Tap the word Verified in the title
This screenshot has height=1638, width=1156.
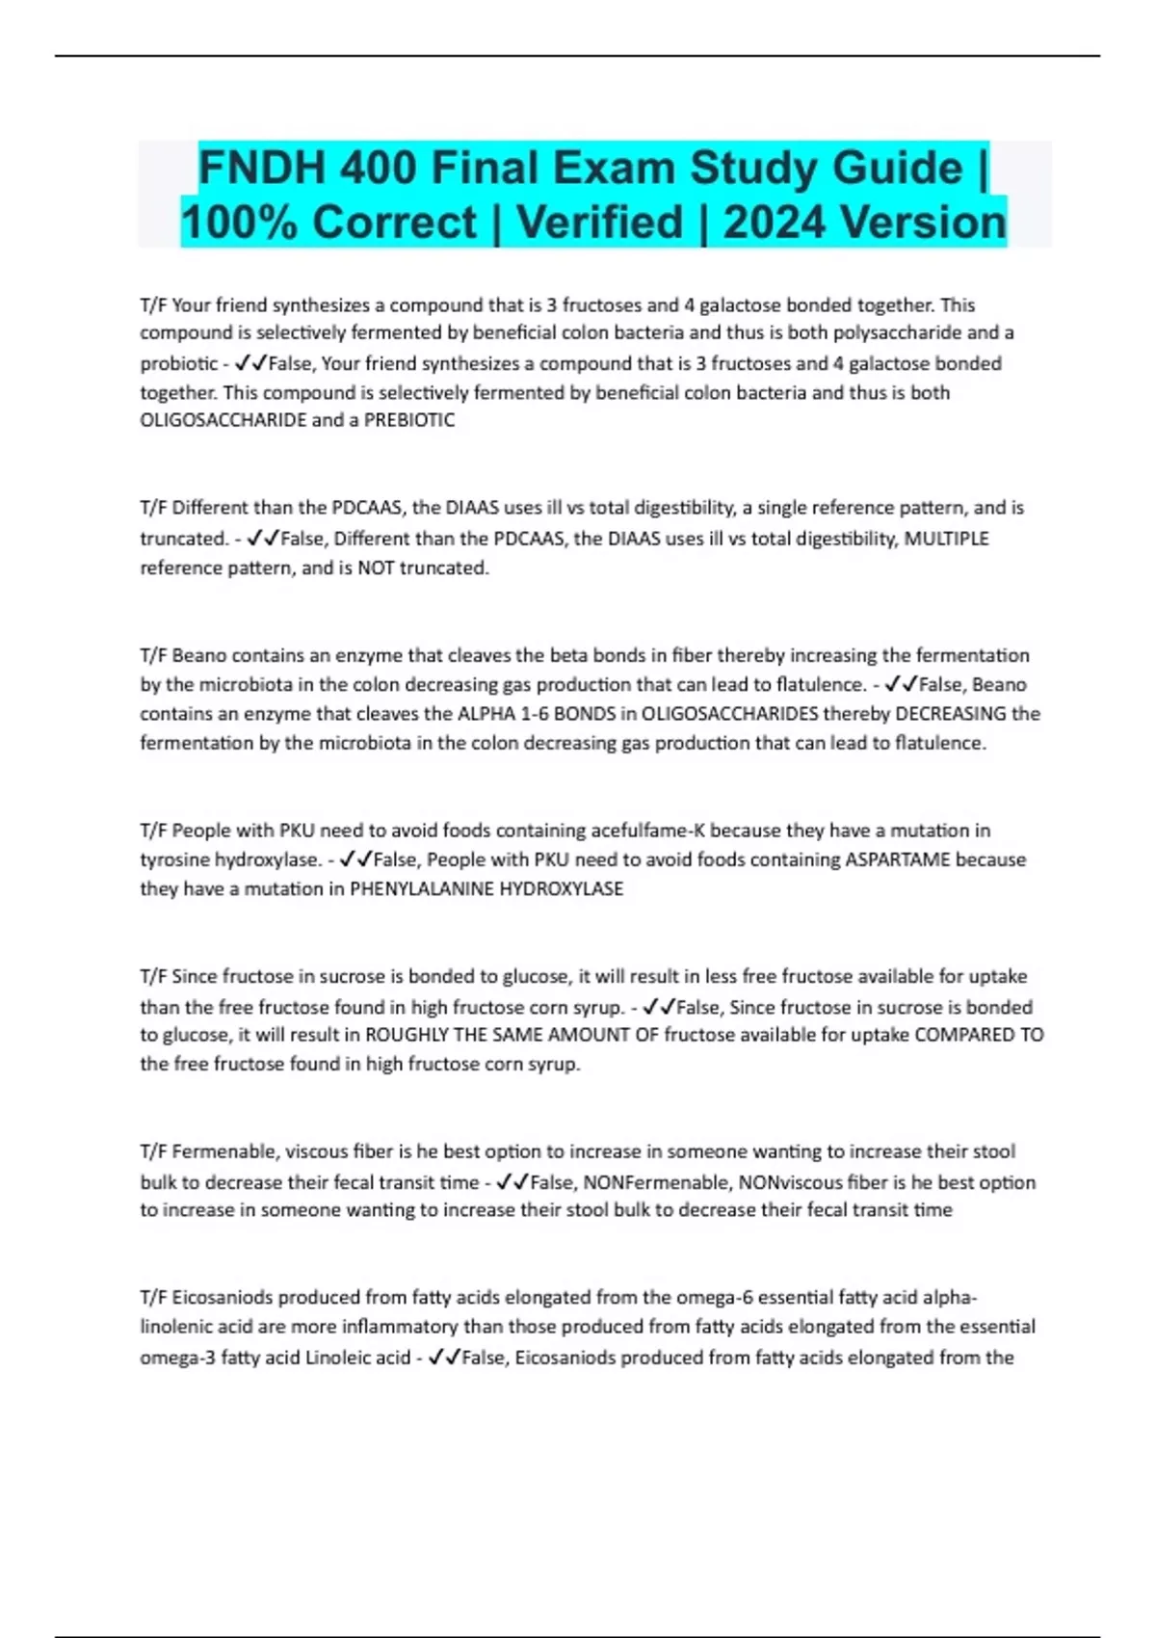point(599,223)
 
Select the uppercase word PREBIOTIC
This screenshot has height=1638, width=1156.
point(408,420)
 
